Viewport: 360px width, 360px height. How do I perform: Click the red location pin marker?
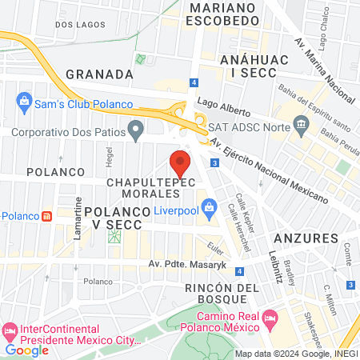click(x=181, y=162)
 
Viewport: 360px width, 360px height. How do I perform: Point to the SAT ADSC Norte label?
click(x=242, y=127)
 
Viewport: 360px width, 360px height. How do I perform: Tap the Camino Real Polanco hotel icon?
click(x=270, y=318)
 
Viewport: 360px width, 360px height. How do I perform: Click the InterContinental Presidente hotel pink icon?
click(x=10, y=330)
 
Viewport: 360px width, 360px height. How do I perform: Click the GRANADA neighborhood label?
click(x=99, y=74)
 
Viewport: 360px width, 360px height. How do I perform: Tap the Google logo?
click(x=26, y=350)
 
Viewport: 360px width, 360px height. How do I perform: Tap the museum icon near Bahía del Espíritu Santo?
click(x=302, y=123)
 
